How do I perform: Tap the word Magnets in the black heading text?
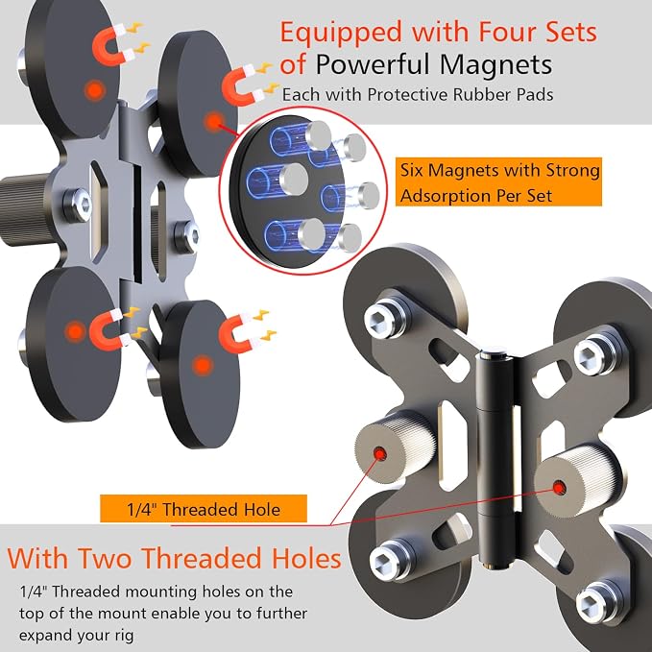496,64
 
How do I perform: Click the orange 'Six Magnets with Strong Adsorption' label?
498,181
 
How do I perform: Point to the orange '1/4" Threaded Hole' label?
204,509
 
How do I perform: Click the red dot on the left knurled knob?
378,453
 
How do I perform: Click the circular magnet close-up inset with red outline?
303,191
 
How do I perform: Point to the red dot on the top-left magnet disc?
95,90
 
